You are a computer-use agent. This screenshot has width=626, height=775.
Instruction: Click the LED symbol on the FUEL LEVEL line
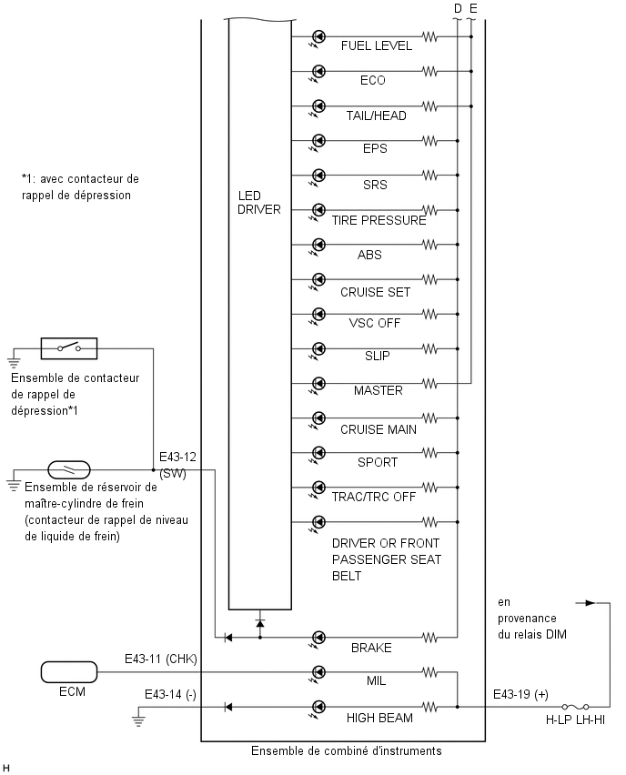click(319, 36)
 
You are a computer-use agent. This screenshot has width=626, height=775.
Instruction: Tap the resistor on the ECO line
click(430, 72)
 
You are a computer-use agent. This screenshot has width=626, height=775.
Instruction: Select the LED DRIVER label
click(258, 203)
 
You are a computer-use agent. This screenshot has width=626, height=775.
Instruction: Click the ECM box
click(69, 672)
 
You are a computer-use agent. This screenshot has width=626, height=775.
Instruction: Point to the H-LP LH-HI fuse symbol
click(575, 707)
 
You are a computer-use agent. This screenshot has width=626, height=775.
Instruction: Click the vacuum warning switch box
click(69, 348)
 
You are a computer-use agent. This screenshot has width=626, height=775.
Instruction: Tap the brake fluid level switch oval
click(69, 469)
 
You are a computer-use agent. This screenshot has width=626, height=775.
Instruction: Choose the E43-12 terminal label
click(177, 457)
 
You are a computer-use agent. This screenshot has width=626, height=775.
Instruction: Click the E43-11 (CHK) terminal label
click(161, 659)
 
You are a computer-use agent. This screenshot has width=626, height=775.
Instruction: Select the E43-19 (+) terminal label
click(520, 694)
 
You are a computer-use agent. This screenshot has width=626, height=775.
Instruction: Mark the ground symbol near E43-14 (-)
click(138, 720)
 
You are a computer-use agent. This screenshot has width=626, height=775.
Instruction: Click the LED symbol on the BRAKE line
click(319, 638)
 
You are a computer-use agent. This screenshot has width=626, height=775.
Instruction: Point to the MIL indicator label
click(377, 681)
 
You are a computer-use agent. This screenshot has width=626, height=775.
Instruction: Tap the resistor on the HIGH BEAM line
click(430, 708)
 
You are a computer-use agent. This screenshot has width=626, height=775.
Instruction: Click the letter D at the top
click(458, 8)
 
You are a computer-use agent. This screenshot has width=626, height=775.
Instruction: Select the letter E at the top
click(473, 8)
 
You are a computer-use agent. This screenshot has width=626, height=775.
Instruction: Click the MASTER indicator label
click(379, 390)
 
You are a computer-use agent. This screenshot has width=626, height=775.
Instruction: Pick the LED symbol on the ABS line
click(319, 245)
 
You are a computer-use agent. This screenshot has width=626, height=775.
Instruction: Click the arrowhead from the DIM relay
click(590, 603)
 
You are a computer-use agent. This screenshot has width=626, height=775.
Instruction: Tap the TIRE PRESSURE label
click(379, 220)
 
